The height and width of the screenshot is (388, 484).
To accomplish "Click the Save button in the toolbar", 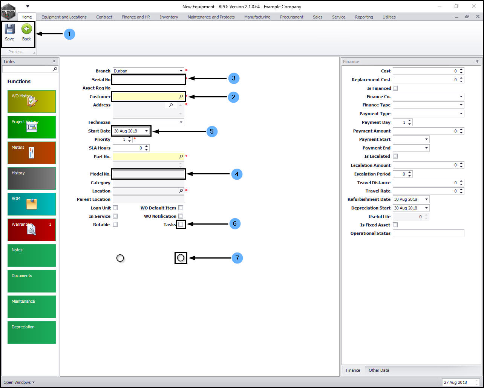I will point(9,32).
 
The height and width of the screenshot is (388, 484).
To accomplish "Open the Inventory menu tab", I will point(169,17).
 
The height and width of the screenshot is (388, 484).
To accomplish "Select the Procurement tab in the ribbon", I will point(291,17).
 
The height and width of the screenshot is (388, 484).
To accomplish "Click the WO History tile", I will point(32,101).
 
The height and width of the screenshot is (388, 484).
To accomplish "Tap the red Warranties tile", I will point(32,229).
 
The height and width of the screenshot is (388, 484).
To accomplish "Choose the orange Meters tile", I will point(32,152).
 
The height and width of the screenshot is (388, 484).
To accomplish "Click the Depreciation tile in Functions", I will point(32,332).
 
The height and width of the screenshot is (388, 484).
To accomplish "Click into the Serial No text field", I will point(148,79).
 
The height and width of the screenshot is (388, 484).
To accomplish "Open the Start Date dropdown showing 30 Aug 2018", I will point(146,131).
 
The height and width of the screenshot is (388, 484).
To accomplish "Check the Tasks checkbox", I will point(181,225).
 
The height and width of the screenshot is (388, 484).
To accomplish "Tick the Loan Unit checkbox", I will point(115,208).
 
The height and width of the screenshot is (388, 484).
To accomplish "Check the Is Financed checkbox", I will point(395,88).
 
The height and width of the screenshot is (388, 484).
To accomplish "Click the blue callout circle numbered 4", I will point(237,174).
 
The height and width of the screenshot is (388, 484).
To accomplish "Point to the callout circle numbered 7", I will point(237,258).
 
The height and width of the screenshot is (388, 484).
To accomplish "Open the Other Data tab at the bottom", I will point(379,370).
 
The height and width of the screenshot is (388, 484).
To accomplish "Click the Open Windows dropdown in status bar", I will point(19,382).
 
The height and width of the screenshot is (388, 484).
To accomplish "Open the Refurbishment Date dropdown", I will point(427,199).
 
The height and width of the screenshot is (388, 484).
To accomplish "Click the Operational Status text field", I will point(428,233).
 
